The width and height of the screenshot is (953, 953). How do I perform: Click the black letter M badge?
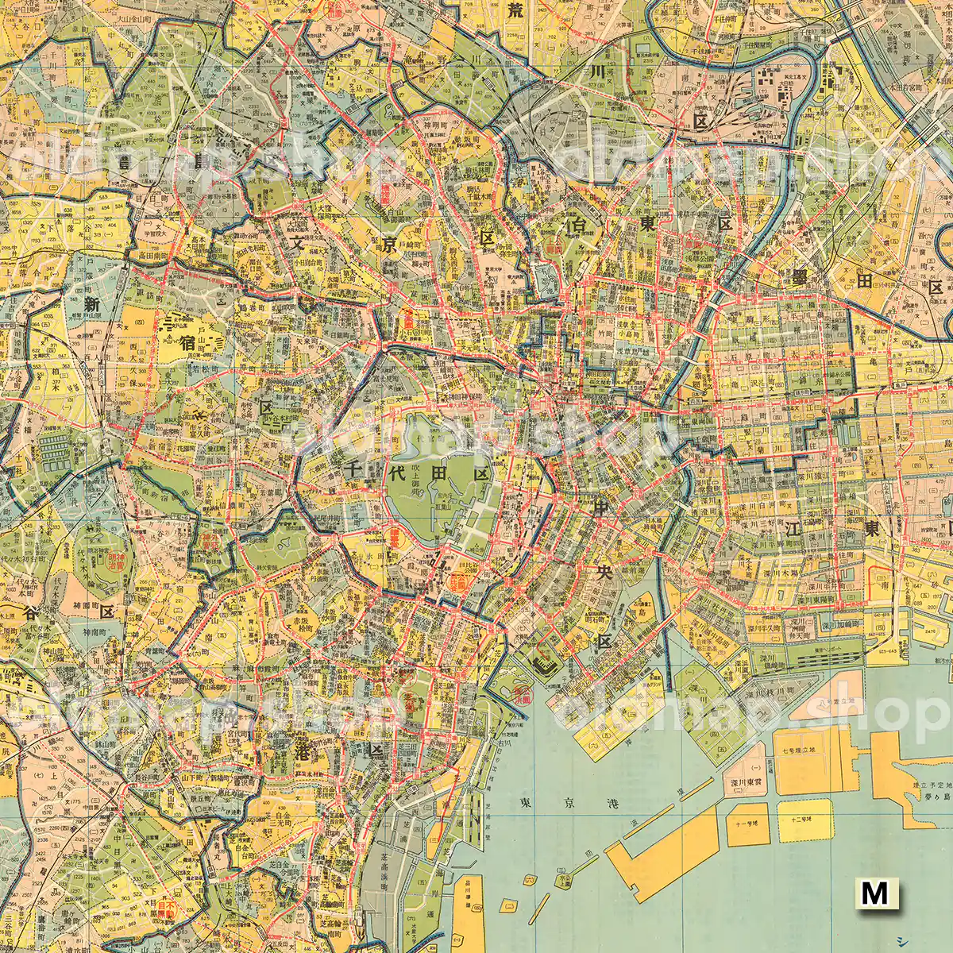pos(874,893)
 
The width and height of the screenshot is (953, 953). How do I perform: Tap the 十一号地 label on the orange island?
pos(747,824)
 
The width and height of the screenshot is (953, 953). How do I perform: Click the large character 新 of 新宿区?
pos(93,304)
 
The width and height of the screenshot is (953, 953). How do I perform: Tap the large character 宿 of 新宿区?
pos(188,343)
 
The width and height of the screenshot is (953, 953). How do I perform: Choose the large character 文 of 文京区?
pos(297,244)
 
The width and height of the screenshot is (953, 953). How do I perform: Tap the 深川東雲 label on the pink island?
pos(746,785)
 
